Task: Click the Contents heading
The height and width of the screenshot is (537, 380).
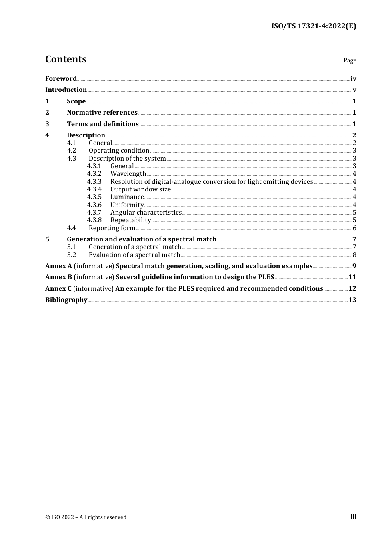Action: (x=66, y=59)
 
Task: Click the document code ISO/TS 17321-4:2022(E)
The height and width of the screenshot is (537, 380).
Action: (x=314, y=26)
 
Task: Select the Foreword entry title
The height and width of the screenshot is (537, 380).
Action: (x=61, y=79)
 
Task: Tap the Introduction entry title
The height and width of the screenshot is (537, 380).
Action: (x=66, y=90)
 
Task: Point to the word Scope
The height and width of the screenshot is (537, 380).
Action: (x=76, y=101)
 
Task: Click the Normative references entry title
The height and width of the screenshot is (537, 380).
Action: (x=102, y=113)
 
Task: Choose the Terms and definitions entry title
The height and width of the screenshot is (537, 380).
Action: (x=103, y=124)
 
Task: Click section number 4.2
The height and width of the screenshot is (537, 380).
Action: (x=72, y=151)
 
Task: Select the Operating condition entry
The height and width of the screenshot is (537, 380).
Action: (x=119, y=151)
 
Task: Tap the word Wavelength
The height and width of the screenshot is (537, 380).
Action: (x=128, y=174)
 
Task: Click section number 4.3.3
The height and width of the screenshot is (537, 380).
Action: (x=94, y=182)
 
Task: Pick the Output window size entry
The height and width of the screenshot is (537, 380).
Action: (x=140, y=189)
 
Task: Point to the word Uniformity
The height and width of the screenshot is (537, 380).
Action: (x=127, y=205)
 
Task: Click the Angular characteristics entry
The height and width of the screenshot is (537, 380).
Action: (x=146, y=213)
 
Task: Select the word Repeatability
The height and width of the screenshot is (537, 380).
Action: (x=130, y=220)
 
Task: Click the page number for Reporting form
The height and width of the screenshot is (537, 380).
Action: (x=354, y=228)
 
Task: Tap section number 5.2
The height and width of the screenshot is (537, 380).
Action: (x=72, y=255)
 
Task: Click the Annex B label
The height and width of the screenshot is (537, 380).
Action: (x=59, y=277)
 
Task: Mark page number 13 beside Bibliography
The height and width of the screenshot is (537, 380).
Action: (x=352, y=300)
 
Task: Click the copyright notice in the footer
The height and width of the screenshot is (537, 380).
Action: (x=86, y=517)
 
